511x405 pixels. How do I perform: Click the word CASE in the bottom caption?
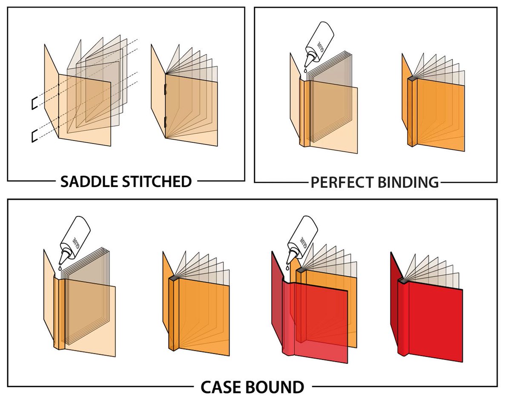tap(221, 388)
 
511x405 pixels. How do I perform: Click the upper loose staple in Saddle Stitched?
tap(33, 103)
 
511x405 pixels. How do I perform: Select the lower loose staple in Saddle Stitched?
tap(33, 136)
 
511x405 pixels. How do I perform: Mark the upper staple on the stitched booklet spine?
tap(165, 91)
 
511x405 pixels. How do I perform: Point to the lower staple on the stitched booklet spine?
tap(165, 123)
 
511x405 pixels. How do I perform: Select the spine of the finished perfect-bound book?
tap(411, 113)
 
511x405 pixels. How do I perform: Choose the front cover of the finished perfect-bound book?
tap(441, 115)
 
